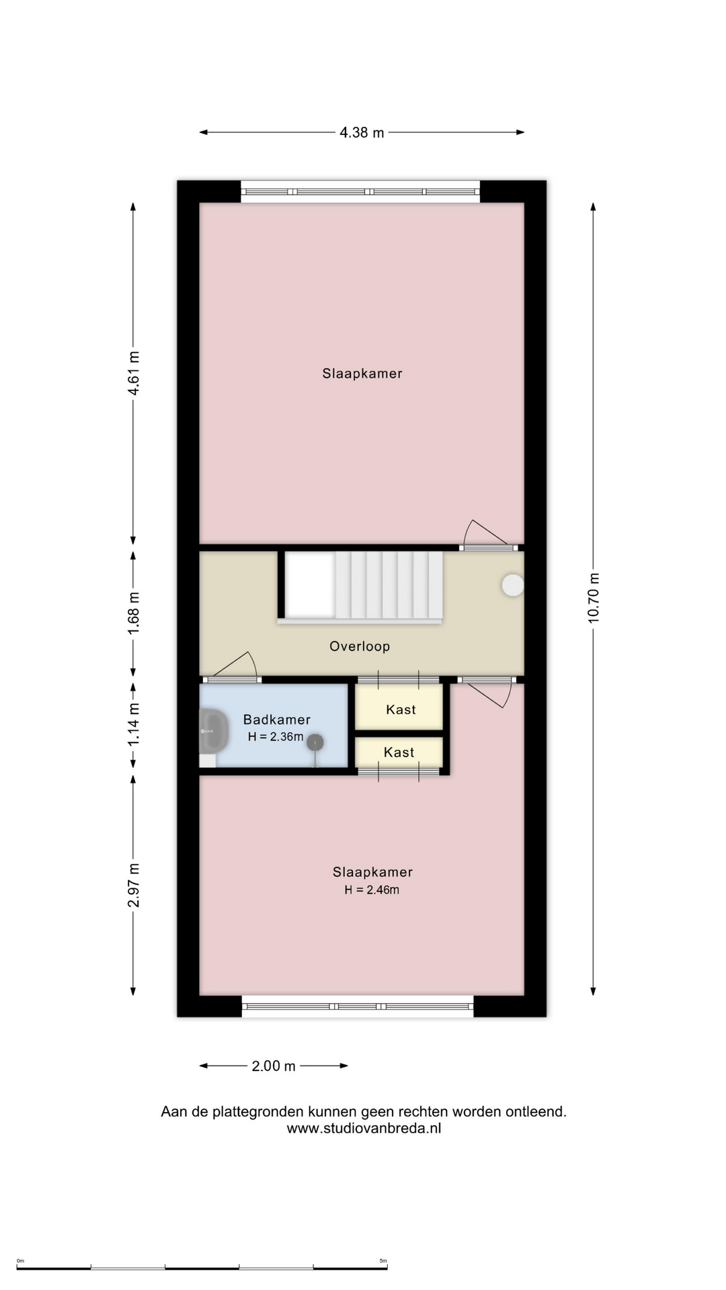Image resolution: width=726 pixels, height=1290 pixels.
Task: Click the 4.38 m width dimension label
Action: pyautogui.click(x=362, y=132)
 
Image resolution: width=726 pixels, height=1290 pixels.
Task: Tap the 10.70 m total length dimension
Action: pyautogui.click(x=594, y=598)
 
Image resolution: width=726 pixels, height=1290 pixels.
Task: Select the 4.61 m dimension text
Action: pyautogui.click(x=134, y=373)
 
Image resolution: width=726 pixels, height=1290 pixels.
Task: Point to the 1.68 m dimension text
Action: pyautogui.click(x=134, y=611)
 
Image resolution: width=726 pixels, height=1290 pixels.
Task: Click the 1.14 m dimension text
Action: pyautogui.click(x=134, y=724)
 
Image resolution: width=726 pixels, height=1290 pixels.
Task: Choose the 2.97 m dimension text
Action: pyautogui.click(x=134, y=885)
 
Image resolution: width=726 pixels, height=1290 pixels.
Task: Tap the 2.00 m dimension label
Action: pyautogui.click(x=274, y=1066)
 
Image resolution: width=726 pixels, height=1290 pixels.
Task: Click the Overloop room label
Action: pyautogui.click(x=360, y=646)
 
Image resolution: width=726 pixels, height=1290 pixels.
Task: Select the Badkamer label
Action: pyautogui.click(x=276, y=720)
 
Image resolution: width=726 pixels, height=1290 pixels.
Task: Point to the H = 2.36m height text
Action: pyautogui.click(x=276, y=737)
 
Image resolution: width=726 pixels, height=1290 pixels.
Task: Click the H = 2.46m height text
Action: pyautogui.click(x=372, y=890)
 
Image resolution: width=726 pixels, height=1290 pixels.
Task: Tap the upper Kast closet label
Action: pyautogui.click(x=401, y=709)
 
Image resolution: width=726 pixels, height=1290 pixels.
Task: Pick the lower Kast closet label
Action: pyautogui.click(x=399, y=752)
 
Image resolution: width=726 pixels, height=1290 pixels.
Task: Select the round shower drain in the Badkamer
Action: pyautogui.click(x=315, y=742)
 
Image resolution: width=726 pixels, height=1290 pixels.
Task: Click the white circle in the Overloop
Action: pyautogui.click(x=513, y=585)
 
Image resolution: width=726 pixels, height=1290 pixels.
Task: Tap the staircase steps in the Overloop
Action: pyautogui.click(x=389, y=585)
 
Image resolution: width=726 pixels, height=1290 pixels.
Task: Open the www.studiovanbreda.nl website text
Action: pyautogui.click(x=364, y=1128)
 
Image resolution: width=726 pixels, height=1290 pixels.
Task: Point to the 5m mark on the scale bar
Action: pyautogui.click(x=383, y=1260)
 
